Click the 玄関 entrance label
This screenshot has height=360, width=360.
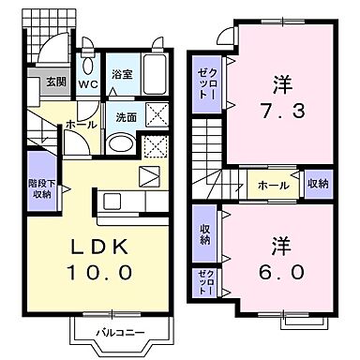pyautogui.click(x=43, y=82)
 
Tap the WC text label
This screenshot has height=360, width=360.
pyautogui.click(x=89, y=84)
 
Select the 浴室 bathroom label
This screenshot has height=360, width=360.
pyautogui.click(x=123, y=73)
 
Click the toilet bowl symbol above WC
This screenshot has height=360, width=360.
pyautogui.click(x=87, y=64)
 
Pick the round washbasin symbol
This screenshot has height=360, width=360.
pyautogui.click(x=120, y=144)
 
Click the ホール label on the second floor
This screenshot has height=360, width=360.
pyautogui.click(x=274, y=185)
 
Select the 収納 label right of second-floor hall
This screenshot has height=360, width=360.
pyautogui.click(x=318, y=185)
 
